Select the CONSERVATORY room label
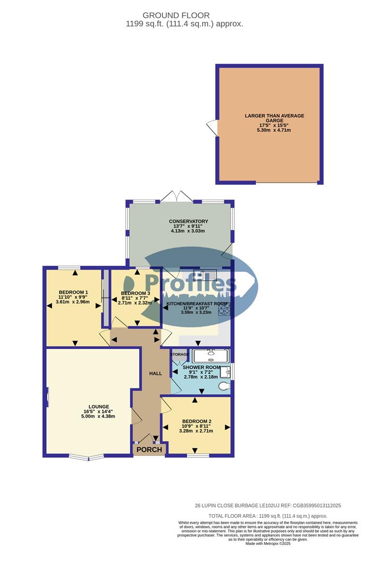(x=188, y=221)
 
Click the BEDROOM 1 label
(x=73, y=293)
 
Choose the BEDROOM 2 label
(x=196, y=421)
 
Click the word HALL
(x=156, y=374)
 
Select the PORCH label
(x=150, y=450)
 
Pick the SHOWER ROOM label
(x=201, y=367)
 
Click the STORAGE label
(x=180, y=354)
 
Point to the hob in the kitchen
(x=223, y=309)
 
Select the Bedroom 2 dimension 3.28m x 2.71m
(x=196, y=431)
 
